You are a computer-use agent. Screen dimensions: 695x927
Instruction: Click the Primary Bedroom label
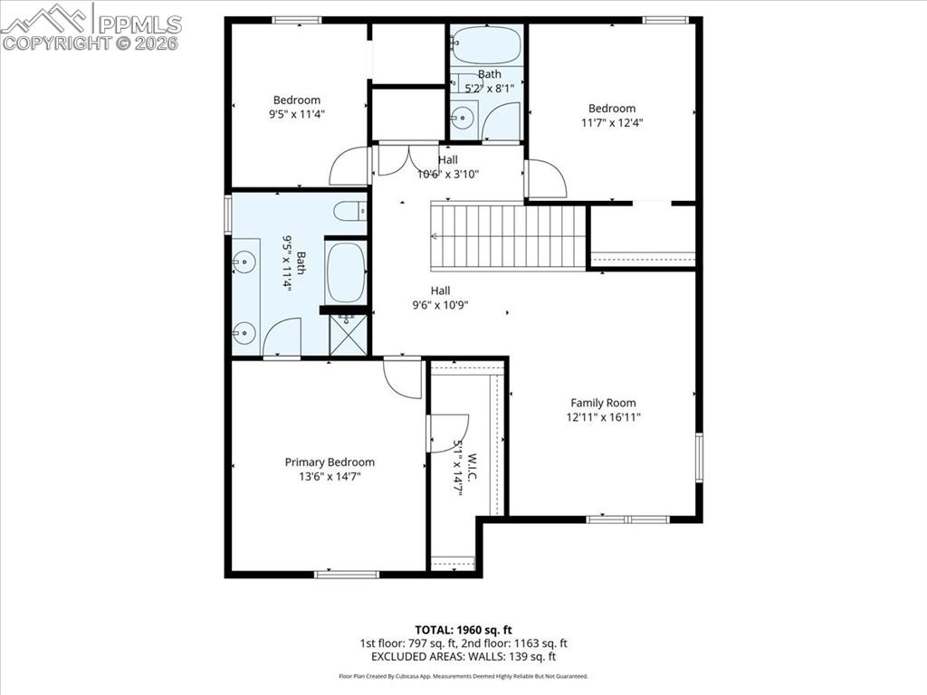330,462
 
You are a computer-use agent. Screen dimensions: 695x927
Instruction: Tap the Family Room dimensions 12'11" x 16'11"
603,417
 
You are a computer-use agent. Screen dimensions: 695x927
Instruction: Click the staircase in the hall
510,236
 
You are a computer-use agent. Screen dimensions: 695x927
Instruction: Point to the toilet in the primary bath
349,212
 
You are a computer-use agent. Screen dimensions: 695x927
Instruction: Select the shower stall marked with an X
349,334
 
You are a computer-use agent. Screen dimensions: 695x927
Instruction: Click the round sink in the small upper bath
463,117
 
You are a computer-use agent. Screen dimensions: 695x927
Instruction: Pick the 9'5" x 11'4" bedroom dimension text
297,114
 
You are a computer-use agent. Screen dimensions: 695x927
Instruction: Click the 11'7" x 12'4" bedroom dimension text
612,122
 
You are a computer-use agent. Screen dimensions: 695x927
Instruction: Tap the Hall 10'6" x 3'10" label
447,174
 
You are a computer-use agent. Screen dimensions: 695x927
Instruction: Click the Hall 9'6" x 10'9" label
440,305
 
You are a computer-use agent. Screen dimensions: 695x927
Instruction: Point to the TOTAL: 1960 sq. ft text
463,629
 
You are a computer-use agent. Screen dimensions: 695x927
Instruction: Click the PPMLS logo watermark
91,27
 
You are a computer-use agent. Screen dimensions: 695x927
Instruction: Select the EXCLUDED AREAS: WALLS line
463,657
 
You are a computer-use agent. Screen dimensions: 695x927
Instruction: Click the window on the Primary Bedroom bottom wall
346,574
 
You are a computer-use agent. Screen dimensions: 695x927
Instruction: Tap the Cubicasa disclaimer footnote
463,676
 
